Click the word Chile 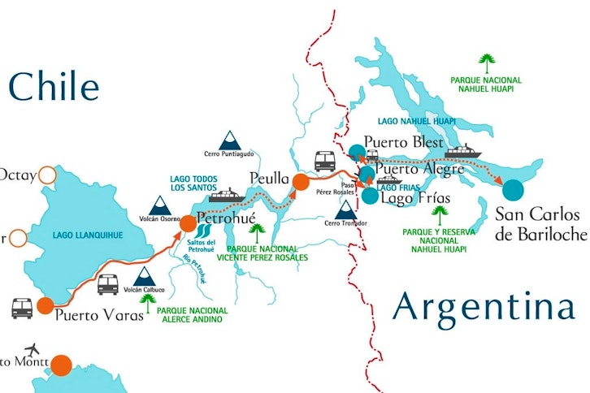tap(54, 87)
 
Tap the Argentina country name tap(485, 309)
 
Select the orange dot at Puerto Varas tap(45, 306)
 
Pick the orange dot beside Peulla tap(301, 181)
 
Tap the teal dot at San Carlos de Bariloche tap(514, 189)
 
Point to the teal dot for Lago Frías tap(370, 195)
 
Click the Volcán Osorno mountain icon tap(158, 206)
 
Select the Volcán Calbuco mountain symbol tap(145, 277)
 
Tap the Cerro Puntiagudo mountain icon tap(230, 139)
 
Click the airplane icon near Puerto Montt tap(33, 349)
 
